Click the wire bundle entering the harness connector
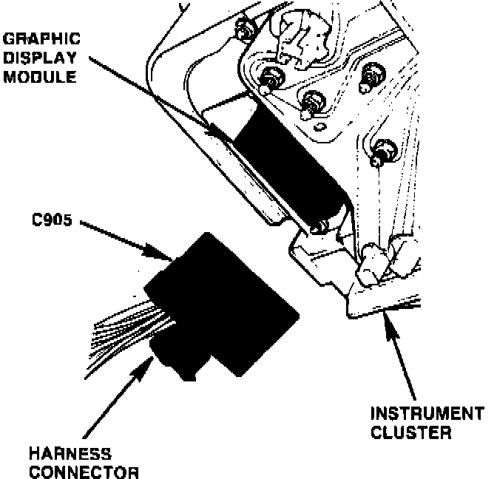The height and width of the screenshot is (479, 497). click(x=126, y=329)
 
